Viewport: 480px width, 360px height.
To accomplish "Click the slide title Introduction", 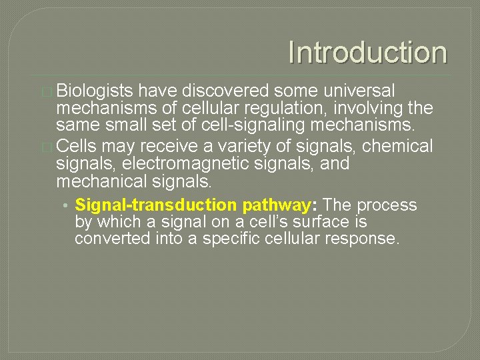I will pos(367,53).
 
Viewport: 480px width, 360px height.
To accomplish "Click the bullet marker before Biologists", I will pos(47,91).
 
